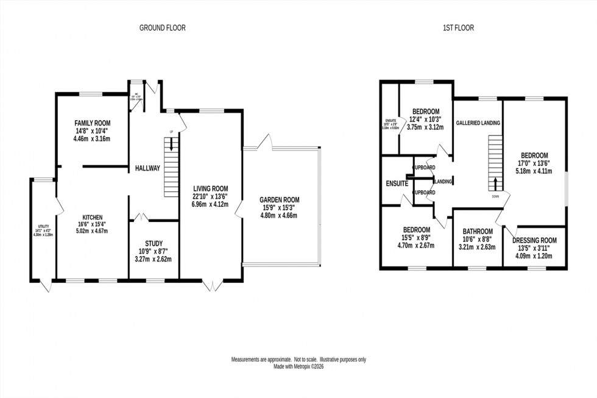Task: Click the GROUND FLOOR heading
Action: pos(162,27)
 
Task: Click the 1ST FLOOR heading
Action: pos(458,27)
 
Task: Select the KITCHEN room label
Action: pos(92,217)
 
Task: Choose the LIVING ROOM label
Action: pos(210,188)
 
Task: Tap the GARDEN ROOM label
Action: pos(280,199)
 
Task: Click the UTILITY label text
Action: pos(42,227)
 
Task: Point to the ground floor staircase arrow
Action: pos(172,145)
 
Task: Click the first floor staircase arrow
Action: pos(495,182)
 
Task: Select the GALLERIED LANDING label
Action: pos(478,123)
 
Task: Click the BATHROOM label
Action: pos(477,231)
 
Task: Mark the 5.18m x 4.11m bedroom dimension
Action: pos(533,171)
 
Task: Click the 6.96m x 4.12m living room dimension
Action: pos(210,204)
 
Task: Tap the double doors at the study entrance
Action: pos(141,216)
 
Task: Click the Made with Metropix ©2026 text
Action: pos(298,367)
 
